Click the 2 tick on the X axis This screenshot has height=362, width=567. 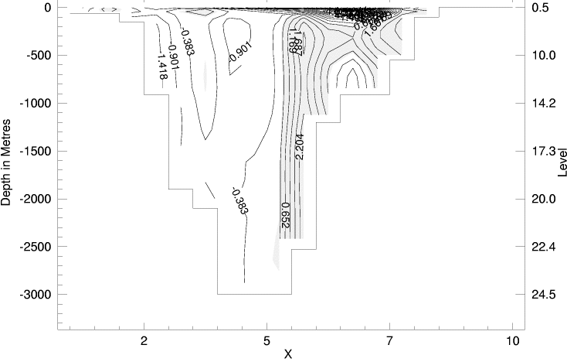click(144, 341)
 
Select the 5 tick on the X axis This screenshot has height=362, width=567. click(267, 341)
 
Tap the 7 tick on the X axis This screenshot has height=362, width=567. click(390, 341)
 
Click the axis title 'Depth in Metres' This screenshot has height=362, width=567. click(7, 161)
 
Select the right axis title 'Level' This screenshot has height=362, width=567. click(561, 161)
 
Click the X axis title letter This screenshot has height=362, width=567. click(287, 355)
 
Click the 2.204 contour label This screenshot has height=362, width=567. click(300, 146)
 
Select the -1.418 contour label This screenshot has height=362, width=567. click(163, 65)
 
